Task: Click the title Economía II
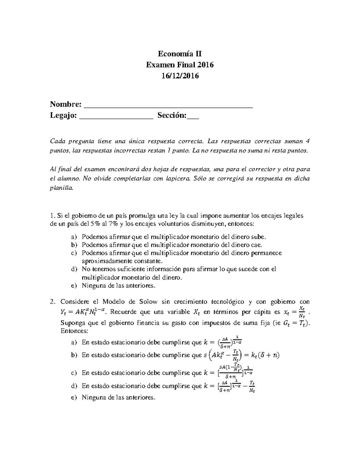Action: coord(180,54)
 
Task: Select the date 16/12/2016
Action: coord(180,76)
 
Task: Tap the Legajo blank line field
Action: coord(116,116)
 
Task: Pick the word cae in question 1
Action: coord(258,245)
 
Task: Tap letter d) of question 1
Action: coord(74,269)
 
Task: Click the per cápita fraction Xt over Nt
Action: coord(302,312)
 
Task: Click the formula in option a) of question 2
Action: coord(223,342)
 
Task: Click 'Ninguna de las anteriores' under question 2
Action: coord(119,398)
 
